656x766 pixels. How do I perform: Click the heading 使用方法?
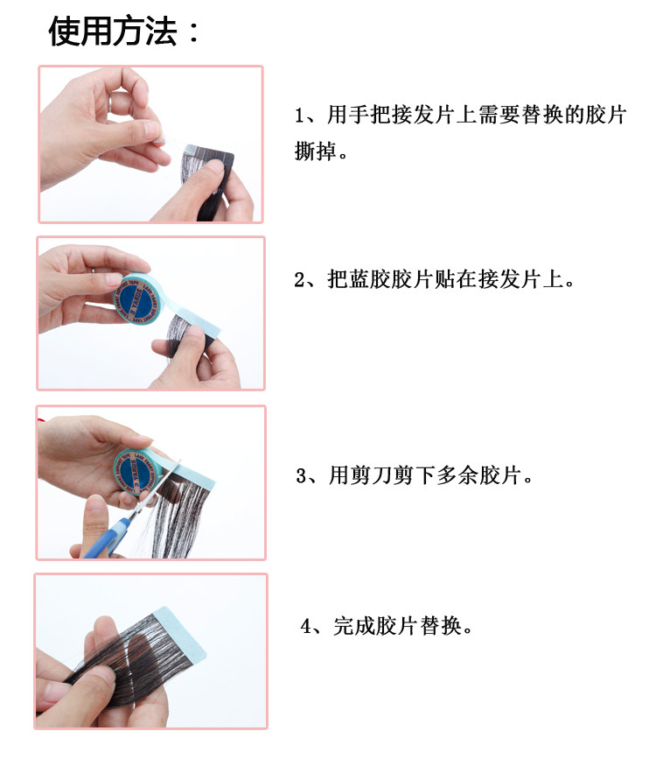pos(113,32)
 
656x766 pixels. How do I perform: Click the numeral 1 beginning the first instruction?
pos(299,116)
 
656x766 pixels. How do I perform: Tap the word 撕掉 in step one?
pos(316,151)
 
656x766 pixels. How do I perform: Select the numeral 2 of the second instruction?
pos(300,280)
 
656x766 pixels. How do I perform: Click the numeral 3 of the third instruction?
pos(302,475)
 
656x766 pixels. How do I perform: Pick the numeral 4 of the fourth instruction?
pos(306,626)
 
